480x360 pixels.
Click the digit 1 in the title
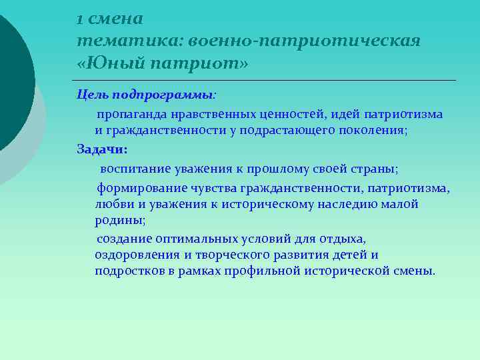80,19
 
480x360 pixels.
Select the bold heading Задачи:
102,149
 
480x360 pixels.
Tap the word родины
119,221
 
